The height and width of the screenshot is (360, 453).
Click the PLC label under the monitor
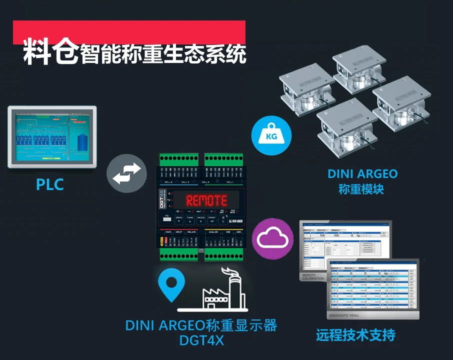50,184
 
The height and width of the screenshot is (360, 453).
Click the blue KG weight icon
271,135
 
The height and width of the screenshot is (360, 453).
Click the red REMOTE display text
206,200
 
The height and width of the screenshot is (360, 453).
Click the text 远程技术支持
355,334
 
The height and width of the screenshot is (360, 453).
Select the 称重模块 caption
362,189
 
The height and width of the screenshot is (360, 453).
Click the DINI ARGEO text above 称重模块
362,174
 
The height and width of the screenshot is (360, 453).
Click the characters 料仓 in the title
50,52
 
